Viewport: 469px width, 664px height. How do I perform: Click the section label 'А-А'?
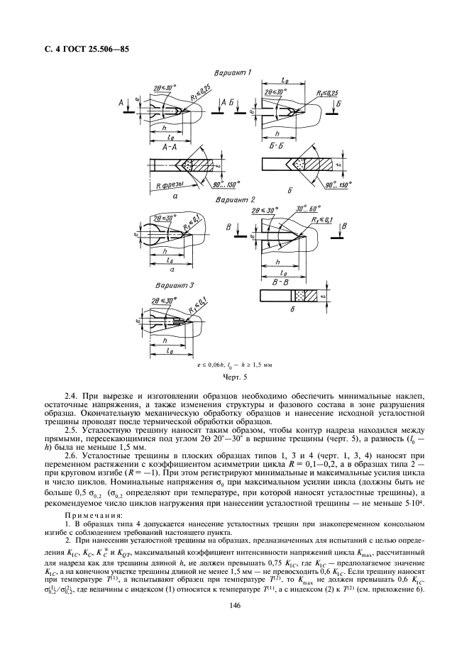tap(169, 146)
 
